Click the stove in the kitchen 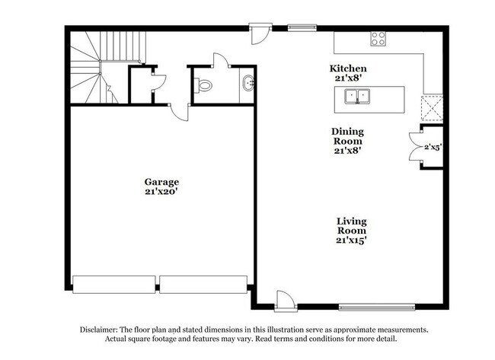pyautogui.click(x=378, y=39)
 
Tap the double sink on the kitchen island pyautogui.click(x=357, y=97)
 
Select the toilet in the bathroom pyautogui.click(x=203, y=85)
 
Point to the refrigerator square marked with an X pyautogui.click(x=432, y=108)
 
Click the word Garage pyautogui.click(x=161, y=182)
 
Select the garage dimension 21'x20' pyautogui.click(x=161, y=192)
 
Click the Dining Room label pyautogui.click(x=347, y=136)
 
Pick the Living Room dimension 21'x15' pyautogui.click(x=351, y=241)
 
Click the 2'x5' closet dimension pyautogui.click(x=433, y=147)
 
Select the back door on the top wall pyautogui.click(x=260, y=34)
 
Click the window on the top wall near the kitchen pyautogui.click(x=302, y=29)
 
